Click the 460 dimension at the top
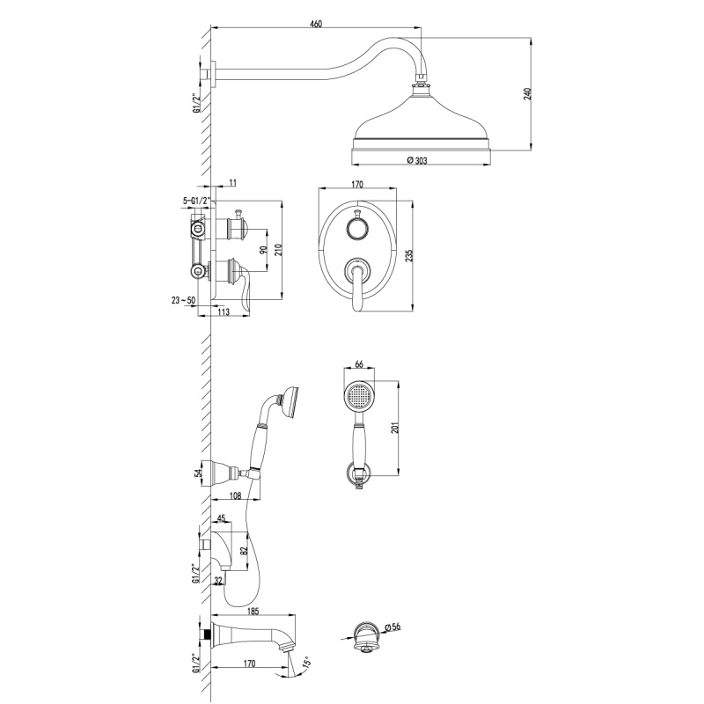point(316,24)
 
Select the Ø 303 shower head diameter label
point(417,160)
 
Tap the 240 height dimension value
point(528,93)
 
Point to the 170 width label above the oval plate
point(357,184)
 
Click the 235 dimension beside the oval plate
point(408,255)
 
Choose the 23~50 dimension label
point(183,300)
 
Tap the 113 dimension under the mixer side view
point(224,312)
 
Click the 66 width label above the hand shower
point(359,364)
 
